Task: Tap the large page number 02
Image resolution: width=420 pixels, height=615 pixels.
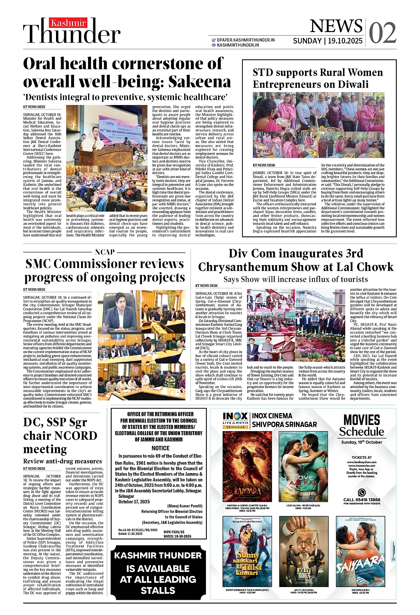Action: (x=382, y=33)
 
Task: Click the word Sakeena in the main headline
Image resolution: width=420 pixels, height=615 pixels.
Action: (x=199, y=82)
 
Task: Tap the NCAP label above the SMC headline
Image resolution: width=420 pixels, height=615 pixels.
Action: (x=105, y=252)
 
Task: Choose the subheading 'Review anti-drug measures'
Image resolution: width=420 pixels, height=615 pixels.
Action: (x=63, y=461)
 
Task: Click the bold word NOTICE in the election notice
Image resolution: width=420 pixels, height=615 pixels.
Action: (x=161, y=448)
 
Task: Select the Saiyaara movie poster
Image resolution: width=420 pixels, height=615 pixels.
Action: (x=360, y=552)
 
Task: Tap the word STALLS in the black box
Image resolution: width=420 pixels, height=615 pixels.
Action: (x=158, y=591)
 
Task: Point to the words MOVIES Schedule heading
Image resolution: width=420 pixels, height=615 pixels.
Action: (x=361, y=425)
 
